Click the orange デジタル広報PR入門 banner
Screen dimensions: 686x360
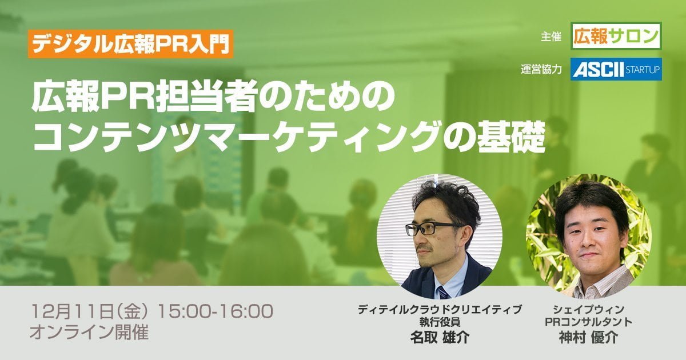click(x=131, y=44)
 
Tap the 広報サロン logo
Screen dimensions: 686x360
click(x=616, y=36)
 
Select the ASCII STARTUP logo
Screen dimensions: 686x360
click(x=616, y=69)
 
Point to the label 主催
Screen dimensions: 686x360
click(x=551, y=37)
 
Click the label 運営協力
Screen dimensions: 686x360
click(x=541, y=70)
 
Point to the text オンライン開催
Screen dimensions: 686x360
click(x=89, y=333)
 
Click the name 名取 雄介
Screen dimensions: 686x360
click(x=440, y=337)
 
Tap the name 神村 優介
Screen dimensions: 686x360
click(x=589, y=338)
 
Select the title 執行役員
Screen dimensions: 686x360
click(x=440, y=322)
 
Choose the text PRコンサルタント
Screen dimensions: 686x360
click(x=589, y=322)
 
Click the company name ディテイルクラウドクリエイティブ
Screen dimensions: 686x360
click(x=440, y=310)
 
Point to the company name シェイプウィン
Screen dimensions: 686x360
click(x=589, y=310)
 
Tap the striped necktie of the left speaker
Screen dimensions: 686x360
click(x=443, y=293)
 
